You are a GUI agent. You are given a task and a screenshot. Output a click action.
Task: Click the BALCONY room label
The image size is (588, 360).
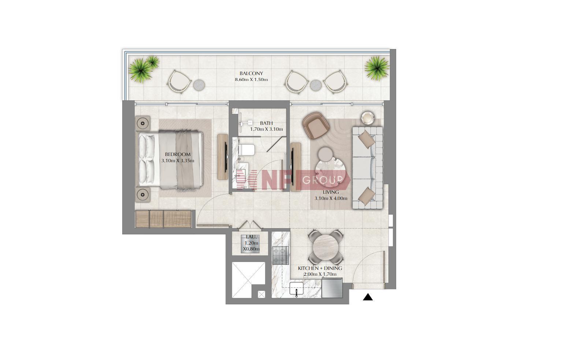click(x=251, y=74)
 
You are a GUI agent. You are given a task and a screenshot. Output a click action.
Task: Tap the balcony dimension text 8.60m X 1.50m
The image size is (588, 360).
click(x=251, y=79)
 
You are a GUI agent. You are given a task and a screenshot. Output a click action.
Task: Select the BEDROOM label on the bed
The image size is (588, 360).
click(x=178, y=155)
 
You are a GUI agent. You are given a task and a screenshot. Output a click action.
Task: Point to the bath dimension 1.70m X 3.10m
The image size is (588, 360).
click(x=267, y=129)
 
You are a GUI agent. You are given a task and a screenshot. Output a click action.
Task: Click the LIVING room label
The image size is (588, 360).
click(x=331, y=192)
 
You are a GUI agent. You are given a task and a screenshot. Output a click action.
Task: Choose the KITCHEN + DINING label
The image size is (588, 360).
click(x=320, y=268)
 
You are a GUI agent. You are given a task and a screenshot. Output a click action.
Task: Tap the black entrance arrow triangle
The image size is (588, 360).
click(x=368, y=297)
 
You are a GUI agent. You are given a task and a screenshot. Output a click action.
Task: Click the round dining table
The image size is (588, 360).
click(x=325, y=247)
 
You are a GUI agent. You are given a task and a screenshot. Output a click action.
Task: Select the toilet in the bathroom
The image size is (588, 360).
click(x=246, y=150)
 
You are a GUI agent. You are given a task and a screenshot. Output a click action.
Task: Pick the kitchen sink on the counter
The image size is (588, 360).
click(x=296, y=289)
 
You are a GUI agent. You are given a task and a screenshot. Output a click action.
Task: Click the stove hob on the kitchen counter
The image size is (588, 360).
click(x=280, y=256)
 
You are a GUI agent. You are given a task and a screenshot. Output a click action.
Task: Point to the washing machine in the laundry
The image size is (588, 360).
click(x=250, y=244)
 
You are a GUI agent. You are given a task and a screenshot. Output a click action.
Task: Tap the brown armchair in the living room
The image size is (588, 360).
click(x=316, y=125)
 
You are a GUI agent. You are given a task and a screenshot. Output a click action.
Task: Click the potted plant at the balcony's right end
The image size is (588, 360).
click(x=377, y=68)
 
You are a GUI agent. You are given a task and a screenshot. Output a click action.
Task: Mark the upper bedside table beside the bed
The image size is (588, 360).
click(x=143, y=123)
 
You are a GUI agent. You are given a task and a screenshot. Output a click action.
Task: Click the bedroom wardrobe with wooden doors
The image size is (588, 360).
click(x=163, y=219)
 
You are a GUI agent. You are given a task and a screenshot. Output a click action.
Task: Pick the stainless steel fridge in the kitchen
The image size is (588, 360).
click(x=332, y=288)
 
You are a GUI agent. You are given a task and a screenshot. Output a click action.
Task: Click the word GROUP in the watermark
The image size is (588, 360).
click(x=323, y=180)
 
